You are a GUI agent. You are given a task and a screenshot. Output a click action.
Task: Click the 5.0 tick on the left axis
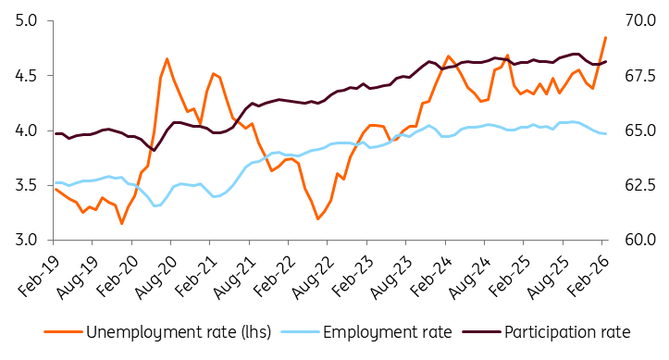tap(27, 20)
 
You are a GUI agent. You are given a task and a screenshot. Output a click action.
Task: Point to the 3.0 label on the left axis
tap(27, 240)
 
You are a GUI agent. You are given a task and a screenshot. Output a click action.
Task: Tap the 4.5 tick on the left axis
tap(27, 76)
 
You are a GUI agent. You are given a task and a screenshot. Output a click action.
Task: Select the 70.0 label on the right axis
tap(640, 20)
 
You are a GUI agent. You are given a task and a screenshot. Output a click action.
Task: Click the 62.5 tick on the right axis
tap(640, 185)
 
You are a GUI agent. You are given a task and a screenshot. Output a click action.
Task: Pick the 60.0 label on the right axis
tap(640, 240)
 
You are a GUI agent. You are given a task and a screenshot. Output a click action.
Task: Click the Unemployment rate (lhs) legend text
tap(179, 332)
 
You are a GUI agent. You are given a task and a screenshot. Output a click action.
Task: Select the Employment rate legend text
tap(388, 332)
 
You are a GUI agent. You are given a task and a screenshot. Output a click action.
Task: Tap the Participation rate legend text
tap(567, 332)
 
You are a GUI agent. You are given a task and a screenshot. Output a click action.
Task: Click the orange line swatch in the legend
tap(64, 332)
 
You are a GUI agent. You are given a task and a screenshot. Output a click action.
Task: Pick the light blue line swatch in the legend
tap(301, 332)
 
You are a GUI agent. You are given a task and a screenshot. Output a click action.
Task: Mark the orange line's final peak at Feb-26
tap(605, 38)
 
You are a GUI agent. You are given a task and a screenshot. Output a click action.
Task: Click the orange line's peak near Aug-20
tap(167, 58)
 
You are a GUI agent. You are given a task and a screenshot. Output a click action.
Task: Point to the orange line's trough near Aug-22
tap(318, 218)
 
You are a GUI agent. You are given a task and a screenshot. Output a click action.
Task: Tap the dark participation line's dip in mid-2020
tap(154, 150)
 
